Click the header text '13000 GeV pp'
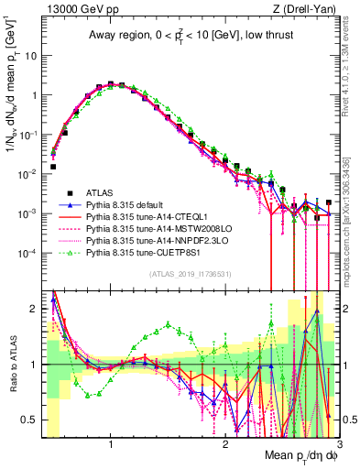pyautogui.click(x=76, y=9)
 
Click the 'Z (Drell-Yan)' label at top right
pyautogui.click(x=310, y=9)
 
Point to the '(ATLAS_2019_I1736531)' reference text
pyautogui.click(x=191, y=274)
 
